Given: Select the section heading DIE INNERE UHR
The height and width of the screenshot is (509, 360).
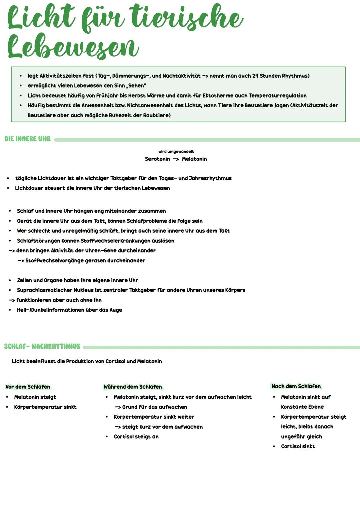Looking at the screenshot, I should coord(28,139).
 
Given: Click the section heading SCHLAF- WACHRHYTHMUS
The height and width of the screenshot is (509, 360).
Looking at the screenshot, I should coord(42,347).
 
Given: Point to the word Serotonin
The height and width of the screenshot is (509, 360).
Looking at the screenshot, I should coord(157,159).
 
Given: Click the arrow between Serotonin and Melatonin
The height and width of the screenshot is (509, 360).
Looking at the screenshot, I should coord(176,159).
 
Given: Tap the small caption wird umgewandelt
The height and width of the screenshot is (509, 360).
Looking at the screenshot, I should coord(176,152).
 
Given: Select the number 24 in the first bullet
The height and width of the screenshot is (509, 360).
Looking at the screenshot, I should coord(255,76).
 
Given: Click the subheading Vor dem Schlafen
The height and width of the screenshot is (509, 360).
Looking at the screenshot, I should coord(28,387).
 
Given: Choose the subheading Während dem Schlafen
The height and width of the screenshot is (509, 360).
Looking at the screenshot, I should coord(132,387).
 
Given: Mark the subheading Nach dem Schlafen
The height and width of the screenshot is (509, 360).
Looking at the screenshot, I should coord(296,386).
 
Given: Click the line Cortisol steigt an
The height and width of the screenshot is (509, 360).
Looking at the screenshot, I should coord(136,437).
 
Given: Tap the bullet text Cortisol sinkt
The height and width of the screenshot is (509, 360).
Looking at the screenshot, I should coord(298,446).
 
